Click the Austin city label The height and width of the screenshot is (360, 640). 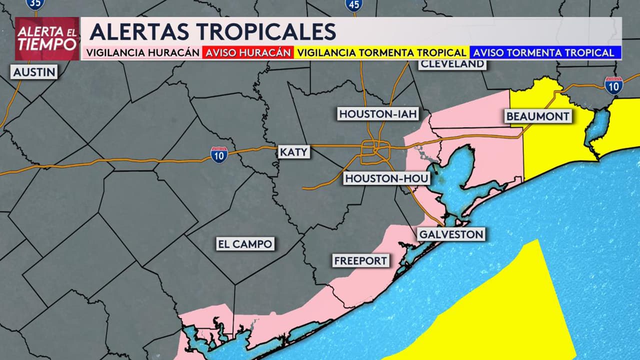coord(34,72)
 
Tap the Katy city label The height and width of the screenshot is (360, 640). coord(294,152)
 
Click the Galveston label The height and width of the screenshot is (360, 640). coord(451,234)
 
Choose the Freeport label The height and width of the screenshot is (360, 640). coord(360,260)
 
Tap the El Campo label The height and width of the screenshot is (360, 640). coord(245,244)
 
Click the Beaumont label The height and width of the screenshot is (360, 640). coord(537,116)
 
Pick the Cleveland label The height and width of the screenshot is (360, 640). coord(452,63)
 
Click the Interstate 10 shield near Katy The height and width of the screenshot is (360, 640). coord(219,154)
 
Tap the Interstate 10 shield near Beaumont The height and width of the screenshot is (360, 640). coord(613,85)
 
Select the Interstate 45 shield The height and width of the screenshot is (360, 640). coord(353,4)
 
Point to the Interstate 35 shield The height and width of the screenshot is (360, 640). coord(35,3)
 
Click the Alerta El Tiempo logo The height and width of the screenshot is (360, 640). coord(47,38)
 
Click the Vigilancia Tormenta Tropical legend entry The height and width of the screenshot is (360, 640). coord(381,52)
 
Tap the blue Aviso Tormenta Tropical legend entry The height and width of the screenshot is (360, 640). coord(543,52)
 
